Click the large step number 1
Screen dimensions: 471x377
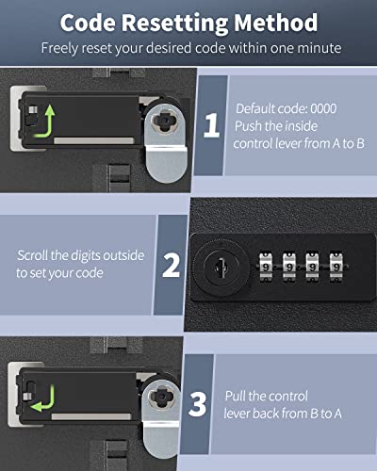point(210,126)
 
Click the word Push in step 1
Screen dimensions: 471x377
point(251,125)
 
